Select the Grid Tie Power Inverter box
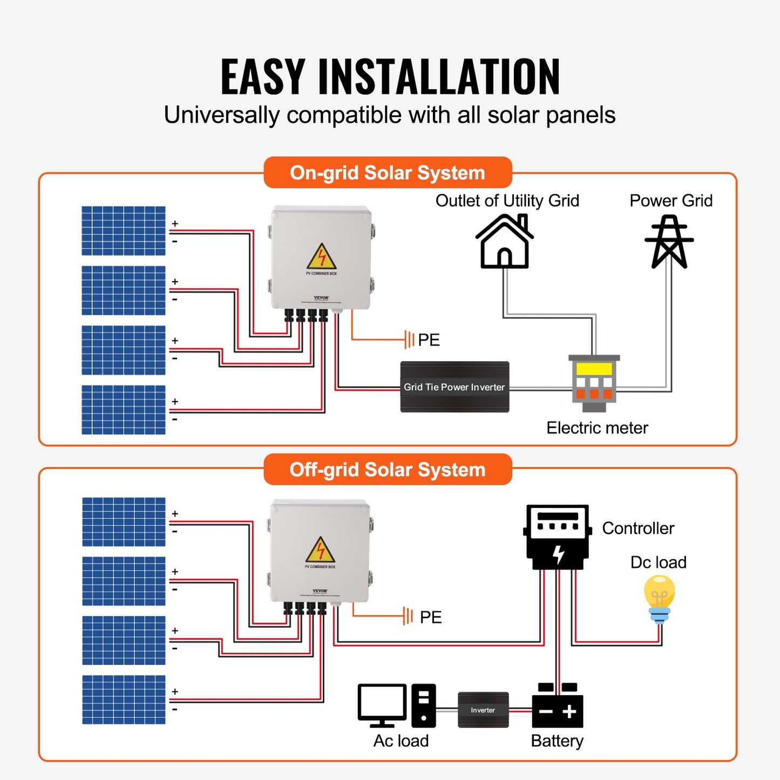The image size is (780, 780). (455, 387)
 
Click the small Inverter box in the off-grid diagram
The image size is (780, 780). (483, 710)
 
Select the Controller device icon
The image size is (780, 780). (557, 537)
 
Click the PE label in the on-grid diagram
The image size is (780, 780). (429, 340)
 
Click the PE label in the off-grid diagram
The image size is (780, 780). (430, 617)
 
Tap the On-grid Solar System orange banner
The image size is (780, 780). (388, 173)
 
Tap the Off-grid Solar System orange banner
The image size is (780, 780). (388, 470)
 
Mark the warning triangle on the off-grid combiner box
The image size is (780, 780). (320, 551)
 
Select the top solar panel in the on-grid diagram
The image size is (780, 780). (124, 231)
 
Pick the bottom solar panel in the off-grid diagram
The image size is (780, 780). (124, 700)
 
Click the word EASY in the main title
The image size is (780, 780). (263, 77)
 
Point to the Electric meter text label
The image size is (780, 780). (597, 428)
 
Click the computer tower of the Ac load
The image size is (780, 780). (424, 706)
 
